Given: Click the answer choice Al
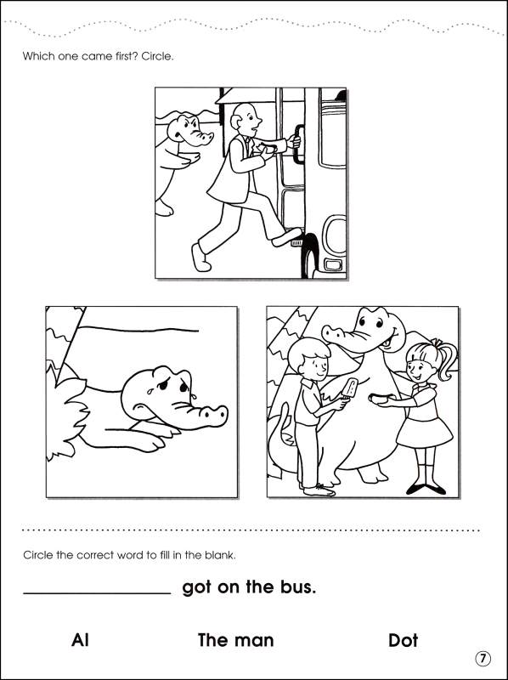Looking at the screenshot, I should click(x=81, y=640).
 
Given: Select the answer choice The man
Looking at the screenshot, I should click(x=235, y=640).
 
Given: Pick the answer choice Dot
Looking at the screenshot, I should click(x=403, y=640).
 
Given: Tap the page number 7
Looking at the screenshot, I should click(x=482, y=659).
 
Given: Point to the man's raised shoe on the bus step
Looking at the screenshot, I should click(x=286, y=236).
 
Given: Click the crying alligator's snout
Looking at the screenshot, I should click(x=204, y=415).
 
